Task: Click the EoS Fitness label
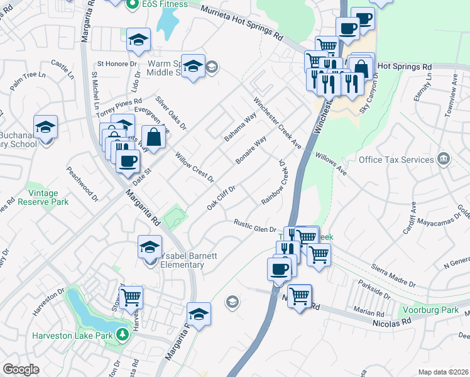(164, 4)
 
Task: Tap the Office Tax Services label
(397, 159)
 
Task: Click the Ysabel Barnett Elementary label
(183, 260)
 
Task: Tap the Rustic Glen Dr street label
(255, 226)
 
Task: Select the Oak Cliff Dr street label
(222, 199)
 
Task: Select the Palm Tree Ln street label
(28, 82)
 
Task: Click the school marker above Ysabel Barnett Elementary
(150, 246)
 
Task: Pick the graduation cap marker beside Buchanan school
(45, 127)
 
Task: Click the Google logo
(21, 369)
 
